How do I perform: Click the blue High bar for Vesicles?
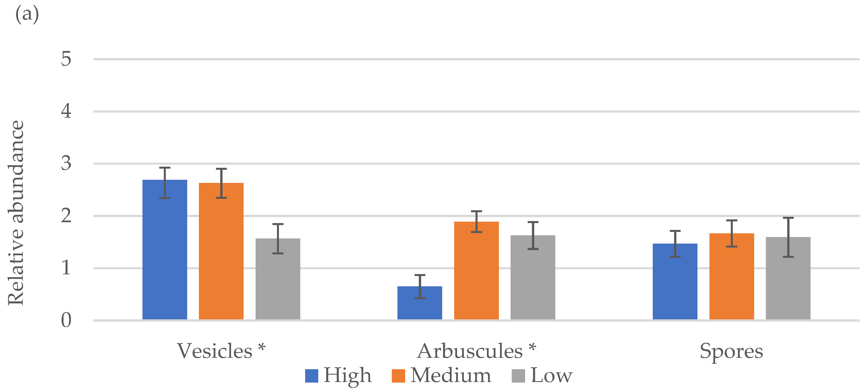165,249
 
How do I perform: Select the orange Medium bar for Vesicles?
221,251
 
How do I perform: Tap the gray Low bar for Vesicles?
278,279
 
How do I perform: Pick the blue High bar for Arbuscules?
420,303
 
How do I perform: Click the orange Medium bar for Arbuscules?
476,271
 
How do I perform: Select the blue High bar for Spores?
675,281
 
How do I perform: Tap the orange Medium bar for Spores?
732,276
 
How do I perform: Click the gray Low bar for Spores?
788,278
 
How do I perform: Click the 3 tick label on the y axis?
66,164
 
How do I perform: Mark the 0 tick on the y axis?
66,320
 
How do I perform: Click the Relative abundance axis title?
16,213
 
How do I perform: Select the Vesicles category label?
215,351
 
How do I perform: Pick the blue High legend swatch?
311,376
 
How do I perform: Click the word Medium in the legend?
451,375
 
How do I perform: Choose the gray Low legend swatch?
518,376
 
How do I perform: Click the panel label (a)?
27,15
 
